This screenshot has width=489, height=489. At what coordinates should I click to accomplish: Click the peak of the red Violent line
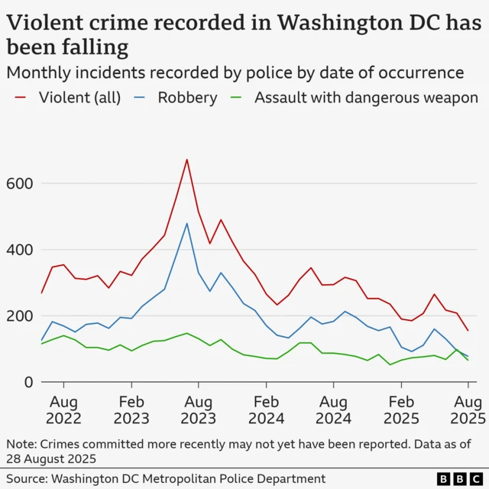[186, 160]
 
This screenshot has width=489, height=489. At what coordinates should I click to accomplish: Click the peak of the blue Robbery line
[186, 223]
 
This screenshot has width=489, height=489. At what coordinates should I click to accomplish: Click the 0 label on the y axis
[28, 382]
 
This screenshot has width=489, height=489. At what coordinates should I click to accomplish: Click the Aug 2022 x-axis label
[63, 410]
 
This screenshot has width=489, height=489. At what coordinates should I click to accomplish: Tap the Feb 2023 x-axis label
[131, 410]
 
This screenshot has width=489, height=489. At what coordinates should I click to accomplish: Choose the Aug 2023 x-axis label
[199, 410]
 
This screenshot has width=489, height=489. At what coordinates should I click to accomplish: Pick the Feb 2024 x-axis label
[266, 410]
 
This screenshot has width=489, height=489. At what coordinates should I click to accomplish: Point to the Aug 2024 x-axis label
[333, 410]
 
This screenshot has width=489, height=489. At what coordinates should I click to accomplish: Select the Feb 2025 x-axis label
[400, 410]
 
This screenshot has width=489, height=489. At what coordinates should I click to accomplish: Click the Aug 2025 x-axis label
[466, 410]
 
